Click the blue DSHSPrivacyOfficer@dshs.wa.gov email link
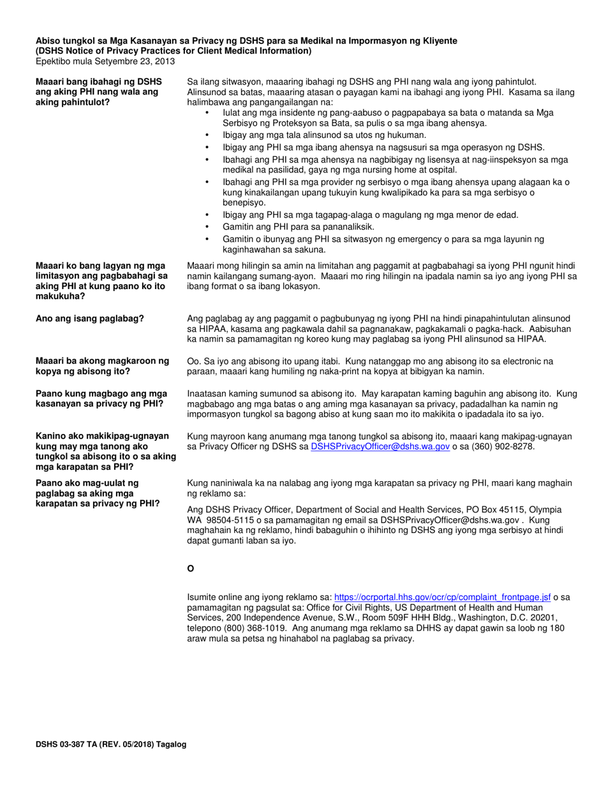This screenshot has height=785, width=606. point(380,447)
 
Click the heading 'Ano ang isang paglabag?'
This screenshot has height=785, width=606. point(90,318)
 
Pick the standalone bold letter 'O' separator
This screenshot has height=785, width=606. point(190,568)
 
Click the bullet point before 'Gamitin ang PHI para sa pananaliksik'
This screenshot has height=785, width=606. point(207,227)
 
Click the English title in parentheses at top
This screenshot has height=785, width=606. point(174,51)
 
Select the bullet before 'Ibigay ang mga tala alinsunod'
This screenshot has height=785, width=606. point(207,135)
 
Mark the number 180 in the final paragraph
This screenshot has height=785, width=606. point(557,628)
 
